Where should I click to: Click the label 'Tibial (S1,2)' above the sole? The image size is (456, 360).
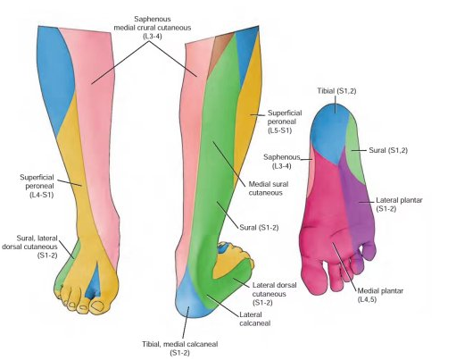coord(336,91)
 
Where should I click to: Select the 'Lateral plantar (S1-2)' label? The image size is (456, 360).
coord(399,205)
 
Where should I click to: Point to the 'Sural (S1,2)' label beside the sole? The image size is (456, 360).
coord(388,150)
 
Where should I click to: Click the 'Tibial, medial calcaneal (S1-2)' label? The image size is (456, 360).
coord(179,348)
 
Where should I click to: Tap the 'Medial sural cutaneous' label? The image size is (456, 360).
coord(269,188)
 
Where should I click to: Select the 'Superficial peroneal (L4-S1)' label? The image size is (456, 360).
coord(37,186)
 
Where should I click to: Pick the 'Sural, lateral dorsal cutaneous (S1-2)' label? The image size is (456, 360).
coord(29,247)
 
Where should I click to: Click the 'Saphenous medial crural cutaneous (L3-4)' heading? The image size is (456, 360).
coord(153,28)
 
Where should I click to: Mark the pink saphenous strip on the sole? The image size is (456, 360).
coord(310,168)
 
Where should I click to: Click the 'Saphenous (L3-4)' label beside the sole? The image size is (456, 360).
coord(282,162)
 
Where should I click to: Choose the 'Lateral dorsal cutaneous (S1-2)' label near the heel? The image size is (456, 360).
coord(274,294)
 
